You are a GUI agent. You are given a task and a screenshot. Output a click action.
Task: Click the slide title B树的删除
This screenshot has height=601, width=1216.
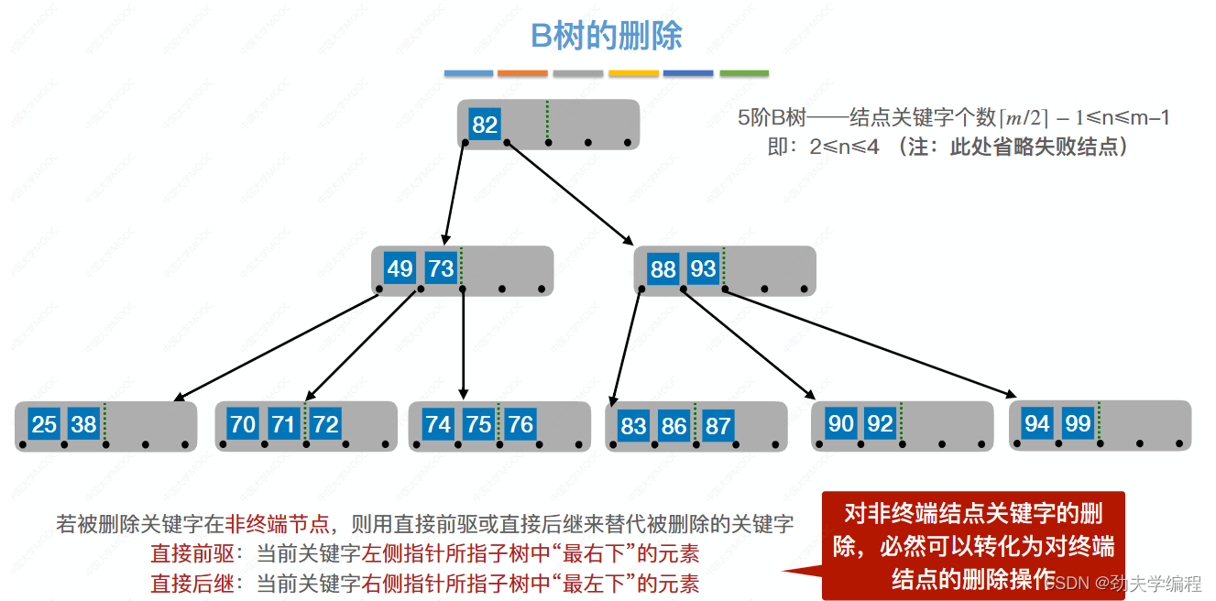pyautogui.click(x=607, y=37)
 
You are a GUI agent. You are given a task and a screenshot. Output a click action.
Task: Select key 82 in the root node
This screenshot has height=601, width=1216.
pyautogui.click(x=485, y=125)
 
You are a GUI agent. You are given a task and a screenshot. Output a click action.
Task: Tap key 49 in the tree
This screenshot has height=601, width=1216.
pyautogui.click(x=400, y=269)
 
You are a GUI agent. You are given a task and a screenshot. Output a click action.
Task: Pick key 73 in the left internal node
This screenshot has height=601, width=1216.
pyautogui.click(x=441, y=269)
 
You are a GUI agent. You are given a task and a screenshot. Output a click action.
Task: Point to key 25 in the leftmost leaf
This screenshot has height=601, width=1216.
pyautogui.click(x=44, y=424)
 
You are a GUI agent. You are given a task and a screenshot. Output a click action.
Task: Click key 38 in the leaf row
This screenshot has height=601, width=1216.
pyautogui.click(x=83, y=424)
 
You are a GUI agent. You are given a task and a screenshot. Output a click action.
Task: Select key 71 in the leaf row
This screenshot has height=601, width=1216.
pyautogui.click(x=283, y=424)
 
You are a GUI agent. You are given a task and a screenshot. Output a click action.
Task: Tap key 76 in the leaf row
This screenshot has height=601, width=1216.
pyautogui.click(x=520, y=424)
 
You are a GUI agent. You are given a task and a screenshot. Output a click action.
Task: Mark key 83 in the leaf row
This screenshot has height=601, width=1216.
pyautogui.click(x=633, y=426)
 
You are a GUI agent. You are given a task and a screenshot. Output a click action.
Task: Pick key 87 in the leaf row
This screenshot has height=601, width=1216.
pyautogui.click(x=718, y=426)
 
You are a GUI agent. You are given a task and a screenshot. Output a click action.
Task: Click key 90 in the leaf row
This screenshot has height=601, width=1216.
pyautogui.click(x=840, y=423)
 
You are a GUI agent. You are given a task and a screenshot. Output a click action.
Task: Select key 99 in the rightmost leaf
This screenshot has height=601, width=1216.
pyautogui.click(x=1079, y=423)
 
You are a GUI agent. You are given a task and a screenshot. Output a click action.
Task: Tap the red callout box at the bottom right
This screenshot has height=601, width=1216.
pyautogui.click(x=973, y=546)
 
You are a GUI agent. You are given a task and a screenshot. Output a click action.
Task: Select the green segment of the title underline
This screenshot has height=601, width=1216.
pyautogui.click(x=744, y=73)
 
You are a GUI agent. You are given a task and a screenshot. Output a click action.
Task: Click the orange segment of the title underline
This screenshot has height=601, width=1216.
pyautogui.click(x=523, y=73)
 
